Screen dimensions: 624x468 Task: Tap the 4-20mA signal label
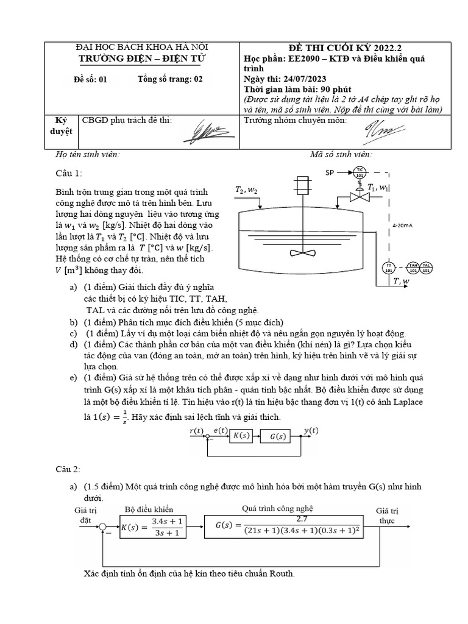(x=403, y=225)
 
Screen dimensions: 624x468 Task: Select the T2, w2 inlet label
(x=247, y=191)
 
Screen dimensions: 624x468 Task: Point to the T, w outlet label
(x=402, y=281)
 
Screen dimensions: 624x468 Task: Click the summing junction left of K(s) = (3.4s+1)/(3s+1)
(x=104, y=526)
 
